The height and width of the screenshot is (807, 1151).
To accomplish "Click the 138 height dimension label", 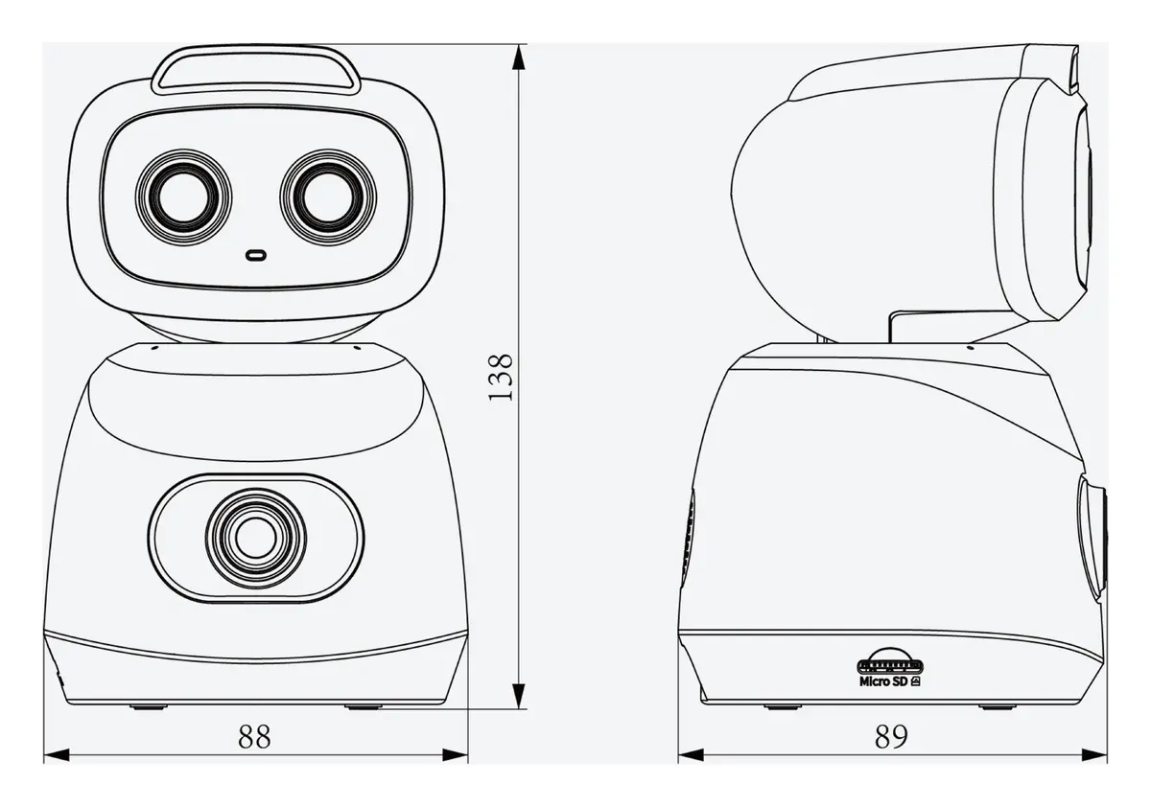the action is coord(500,378).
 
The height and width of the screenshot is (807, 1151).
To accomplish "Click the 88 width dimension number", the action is coord(254,737).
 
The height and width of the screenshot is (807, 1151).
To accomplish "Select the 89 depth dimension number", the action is coord(891,737).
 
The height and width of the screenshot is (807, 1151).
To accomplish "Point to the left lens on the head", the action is coord(183,197).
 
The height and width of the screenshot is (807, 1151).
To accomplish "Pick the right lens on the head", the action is coord(328,197).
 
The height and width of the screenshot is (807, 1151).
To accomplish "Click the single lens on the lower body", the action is coord(256,538).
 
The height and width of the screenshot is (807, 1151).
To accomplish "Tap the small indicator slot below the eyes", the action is coord(255,255).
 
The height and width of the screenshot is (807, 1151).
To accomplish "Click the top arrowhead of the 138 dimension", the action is coord(520,57).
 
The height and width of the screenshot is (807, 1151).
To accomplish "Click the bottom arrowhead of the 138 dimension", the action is coord(520,696).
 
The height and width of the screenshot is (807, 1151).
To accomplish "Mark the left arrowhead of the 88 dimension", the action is coord(57,755).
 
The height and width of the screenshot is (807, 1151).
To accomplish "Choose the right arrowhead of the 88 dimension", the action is coord(456,755).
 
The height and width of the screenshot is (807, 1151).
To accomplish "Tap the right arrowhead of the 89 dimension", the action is coord(1094,755).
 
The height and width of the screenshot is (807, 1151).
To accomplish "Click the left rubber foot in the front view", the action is coord(149,707).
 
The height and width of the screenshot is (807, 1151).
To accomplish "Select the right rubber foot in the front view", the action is coord(364,707).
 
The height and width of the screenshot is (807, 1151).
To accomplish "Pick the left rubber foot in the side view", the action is coord(782,707).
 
